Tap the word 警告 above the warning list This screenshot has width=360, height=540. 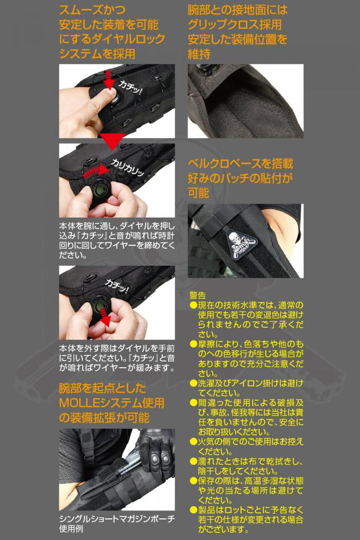[198, 295]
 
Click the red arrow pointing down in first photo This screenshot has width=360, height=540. [109, 80]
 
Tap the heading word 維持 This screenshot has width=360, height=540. [199, 53]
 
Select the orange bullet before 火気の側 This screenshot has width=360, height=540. [193, 442]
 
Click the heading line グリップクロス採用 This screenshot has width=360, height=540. [235, 25]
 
